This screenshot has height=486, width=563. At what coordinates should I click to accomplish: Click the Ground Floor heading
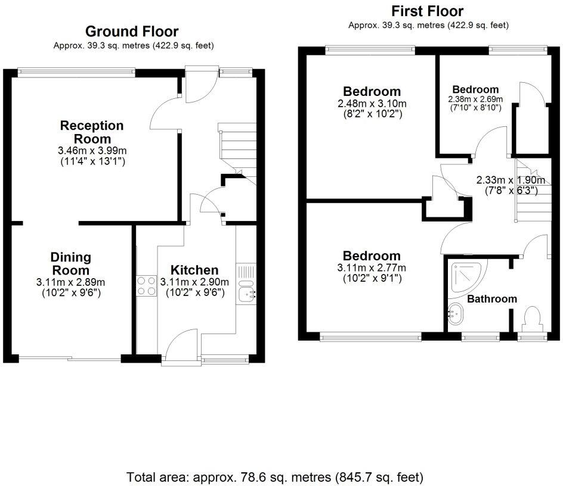pyautogui.click(x=132, y=31)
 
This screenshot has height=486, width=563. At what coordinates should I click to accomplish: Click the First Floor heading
pyautogui.click(x=427, y=11)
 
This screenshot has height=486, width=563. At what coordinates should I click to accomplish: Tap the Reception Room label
pyautogui.click(x=92, y=132)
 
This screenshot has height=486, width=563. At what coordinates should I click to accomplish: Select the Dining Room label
pyautogui.click(x=70, y=263)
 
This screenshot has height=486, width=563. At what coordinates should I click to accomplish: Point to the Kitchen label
pyautogui.click(x=194, y=270)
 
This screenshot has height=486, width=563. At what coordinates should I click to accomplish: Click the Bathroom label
pyautogui.click(x=491, y=299)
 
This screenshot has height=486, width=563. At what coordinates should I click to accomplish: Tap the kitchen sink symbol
pyautogui.click(x=247, y=292)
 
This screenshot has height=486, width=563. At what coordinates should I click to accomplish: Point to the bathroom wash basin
pyautogui.click(x=455, y=311)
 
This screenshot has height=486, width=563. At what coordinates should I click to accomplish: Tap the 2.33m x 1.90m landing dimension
pyautogui.click(x=511, y=180)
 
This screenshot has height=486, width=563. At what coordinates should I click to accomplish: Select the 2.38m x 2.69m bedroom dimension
pyautogui.click(x=475, y=99)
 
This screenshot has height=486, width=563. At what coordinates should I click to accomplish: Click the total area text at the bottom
pyautogui.click(x=275, y=477)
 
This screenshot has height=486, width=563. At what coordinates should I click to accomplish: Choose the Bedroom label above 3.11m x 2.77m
pyautogui.click(x=372, y=256)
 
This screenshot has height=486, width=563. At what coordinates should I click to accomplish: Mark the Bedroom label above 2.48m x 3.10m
pyautogui.click(x=372, y=92)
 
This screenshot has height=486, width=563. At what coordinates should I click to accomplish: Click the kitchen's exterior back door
pyautogui.click(x=181, y=347)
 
